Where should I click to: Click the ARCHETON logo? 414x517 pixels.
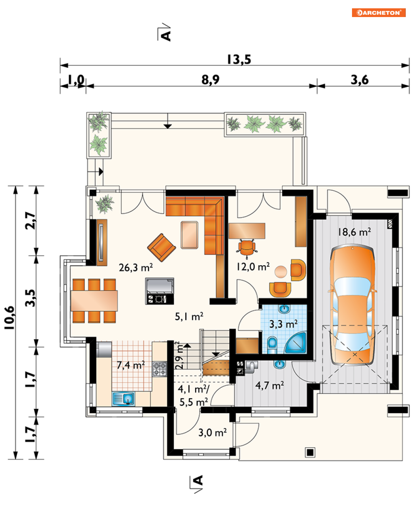click(378, 12)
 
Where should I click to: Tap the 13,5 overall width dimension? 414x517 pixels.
click(239, 59)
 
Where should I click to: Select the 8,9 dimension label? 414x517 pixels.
click(211, 80)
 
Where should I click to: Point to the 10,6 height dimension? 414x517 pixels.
click(10, 318)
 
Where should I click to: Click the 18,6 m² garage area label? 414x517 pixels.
click(354, 232)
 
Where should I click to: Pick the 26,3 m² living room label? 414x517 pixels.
click(136, 267)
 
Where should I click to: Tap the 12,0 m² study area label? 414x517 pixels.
click(253, 267)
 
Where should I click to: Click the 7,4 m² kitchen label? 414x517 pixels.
click(131, 365)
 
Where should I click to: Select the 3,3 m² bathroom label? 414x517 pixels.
click(283, 324)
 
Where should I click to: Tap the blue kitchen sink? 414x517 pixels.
click(123, 399)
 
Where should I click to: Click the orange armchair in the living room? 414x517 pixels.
click(161, 247)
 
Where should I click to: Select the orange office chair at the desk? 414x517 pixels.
click(247, 249)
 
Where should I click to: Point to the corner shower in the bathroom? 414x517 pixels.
click(296, 344)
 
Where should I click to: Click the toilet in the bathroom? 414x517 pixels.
click(272, 345)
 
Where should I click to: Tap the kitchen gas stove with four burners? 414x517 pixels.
click(160, 369)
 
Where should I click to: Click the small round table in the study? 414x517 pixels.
click(281, 272)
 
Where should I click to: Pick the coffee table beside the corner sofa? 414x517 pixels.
click(190, 235)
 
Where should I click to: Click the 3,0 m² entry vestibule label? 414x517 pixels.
click(213, 433)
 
